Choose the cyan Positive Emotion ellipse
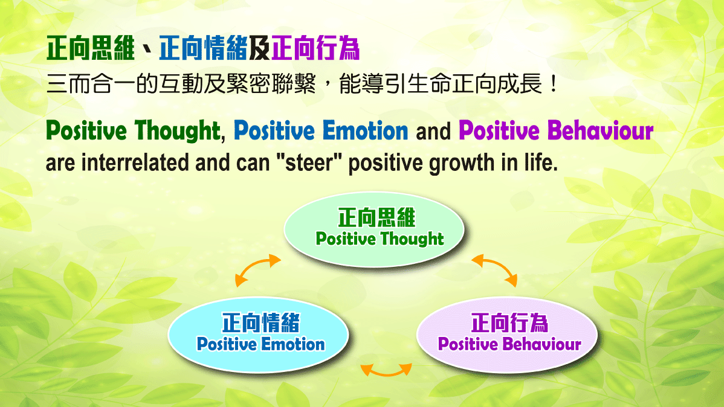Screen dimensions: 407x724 click(x=259, y=336)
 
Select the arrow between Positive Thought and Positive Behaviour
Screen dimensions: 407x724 click(x=494, y=269)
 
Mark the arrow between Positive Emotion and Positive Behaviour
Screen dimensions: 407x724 click(x=386, y=370)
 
